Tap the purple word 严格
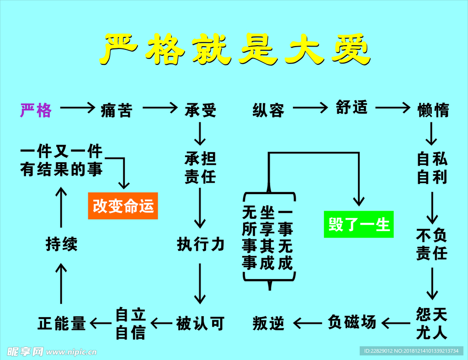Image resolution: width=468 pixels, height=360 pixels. coord(36,110)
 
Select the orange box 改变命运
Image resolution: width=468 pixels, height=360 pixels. coord(123,206)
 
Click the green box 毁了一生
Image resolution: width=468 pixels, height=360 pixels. coord(358,224)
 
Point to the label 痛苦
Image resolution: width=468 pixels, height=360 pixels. coord(117,110)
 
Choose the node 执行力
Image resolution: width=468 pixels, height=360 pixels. coord(201,244)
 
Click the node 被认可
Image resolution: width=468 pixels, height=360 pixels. coord(200,323)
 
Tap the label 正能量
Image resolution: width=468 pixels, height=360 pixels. coord(62,323)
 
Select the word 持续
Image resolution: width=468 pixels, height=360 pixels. coord(62,244)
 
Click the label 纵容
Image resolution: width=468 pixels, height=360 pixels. coord(268,110)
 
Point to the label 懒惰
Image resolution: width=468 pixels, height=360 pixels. coord(433,110)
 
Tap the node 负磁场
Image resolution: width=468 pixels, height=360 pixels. coord(352,322)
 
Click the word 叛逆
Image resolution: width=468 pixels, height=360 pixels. coord(268,323)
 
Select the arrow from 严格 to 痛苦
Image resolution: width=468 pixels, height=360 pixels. coord(77,108)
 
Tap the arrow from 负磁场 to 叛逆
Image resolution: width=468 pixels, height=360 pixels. coord(307,323)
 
